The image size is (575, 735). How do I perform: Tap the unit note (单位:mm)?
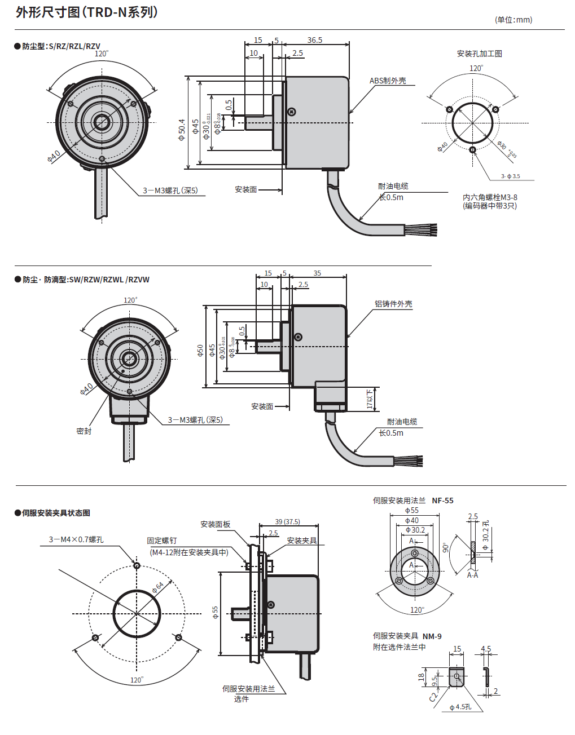(513, 20)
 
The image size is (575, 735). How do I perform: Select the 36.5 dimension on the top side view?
(315, 40)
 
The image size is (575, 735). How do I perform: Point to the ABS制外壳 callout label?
(388, 81)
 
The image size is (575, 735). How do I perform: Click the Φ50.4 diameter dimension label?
(182, 130)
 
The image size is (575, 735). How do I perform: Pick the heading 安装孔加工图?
(479, 54)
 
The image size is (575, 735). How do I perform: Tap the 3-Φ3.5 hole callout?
(510, 176)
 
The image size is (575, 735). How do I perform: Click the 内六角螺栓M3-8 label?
(490, 197)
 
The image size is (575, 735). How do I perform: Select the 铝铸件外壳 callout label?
(393, 304)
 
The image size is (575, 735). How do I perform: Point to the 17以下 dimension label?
(370, 399)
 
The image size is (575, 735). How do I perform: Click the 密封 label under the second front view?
(84, 431)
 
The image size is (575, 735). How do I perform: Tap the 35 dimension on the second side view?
(317, 273)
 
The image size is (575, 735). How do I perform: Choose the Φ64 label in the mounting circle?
(158, 587)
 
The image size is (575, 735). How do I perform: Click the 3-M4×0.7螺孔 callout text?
(76, 539)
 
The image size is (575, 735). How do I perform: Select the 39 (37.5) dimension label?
(287, 522)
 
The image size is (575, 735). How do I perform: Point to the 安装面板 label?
(216, 524)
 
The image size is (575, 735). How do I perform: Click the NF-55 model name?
(442, 501)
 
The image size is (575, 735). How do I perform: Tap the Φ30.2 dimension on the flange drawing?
(415, 530)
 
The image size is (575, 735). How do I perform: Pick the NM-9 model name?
(432, 636)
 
